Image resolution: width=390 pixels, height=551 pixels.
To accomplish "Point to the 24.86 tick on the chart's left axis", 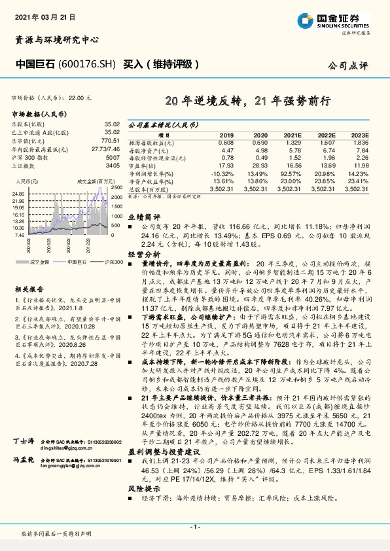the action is coord(18,194).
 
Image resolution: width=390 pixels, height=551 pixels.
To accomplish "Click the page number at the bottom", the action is coord(195,526).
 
